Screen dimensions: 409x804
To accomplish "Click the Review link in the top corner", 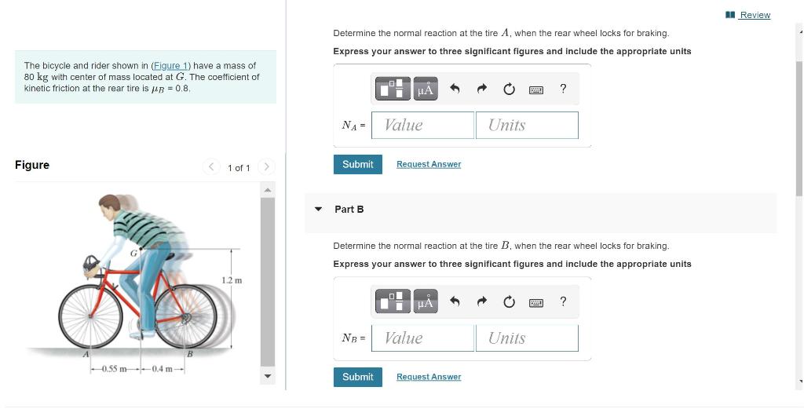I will (x=755, y=15).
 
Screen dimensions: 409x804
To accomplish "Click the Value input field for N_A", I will (x=423, y=125).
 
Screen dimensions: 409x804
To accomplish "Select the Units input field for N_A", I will (x=527, y=125).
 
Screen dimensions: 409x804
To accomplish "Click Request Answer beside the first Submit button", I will (x=429, y=164).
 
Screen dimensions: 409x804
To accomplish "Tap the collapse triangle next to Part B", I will (x=318, y=210).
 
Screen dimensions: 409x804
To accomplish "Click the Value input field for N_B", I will (x=423, y=338).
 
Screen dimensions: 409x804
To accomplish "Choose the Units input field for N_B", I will (x=527, y=338).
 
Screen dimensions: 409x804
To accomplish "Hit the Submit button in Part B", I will (x=357, y=377).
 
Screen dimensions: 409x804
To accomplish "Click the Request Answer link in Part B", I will (x=429, y=377).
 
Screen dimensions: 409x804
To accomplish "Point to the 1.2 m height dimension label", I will (x=232, y=280).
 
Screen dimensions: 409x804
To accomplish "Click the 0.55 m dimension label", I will (x=115, y=370).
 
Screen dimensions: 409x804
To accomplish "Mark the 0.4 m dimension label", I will (x=163, y=370).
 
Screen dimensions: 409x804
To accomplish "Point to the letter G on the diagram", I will (x=133, y=254).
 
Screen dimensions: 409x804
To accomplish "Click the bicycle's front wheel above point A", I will (x=91, y=316).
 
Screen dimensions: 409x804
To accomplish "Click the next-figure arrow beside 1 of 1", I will (x=266, y=167).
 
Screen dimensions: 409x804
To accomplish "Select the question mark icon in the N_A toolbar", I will (x=563, y=89).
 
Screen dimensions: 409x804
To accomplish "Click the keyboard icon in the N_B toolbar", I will (x=536, y=302).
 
